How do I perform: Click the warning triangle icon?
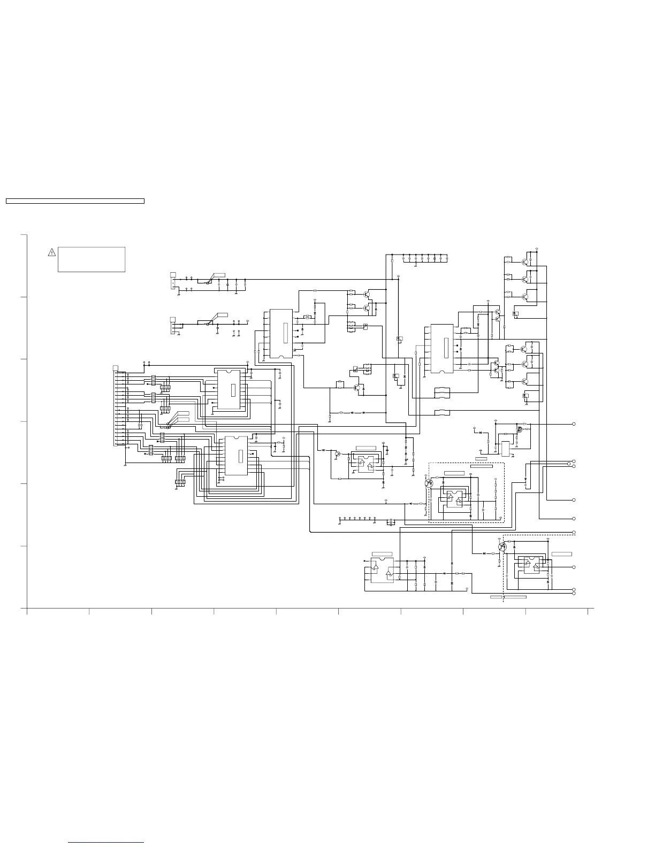click(x=51, y=252)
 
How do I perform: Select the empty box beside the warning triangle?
click(x=92, y=259)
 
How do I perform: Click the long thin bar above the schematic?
click(x=75, y=201)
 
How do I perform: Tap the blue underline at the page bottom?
click(x=106, y=843)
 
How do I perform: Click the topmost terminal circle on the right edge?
click(x=574, y=424)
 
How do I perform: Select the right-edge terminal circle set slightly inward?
click(x=569, y=464)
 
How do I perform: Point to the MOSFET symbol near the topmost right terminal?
click(x=519, y=429)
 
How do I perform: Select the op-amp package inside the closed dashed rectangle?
click(x=454, y=498)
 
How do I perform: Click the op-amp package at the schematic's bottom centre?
click(x=382, y=571)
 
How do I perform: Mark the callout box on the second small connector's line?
click(x=220, y=315)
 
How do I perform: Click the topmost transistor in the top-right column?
click(x=525, y=261)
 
